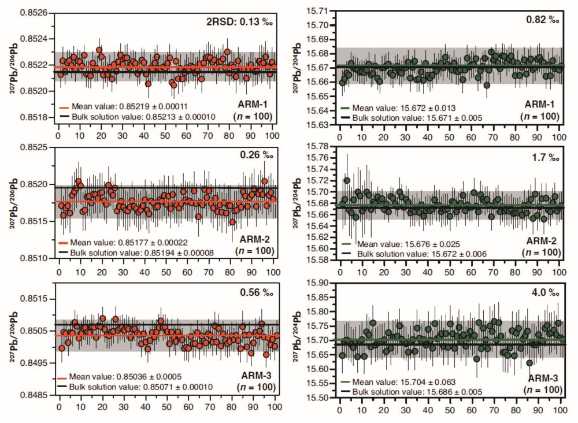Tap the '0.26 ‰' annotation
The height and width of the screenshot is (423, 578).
256,155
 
